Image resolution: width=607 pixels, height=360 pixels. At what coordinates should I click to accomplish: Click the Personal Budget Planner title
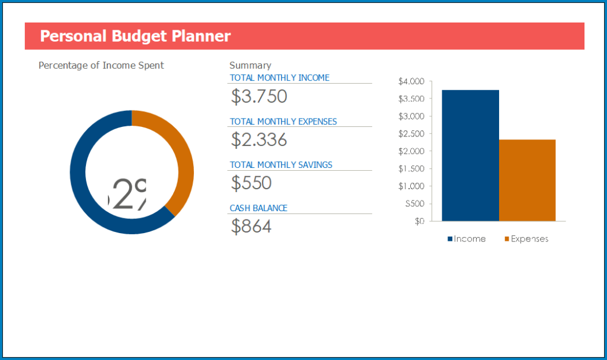(135, 36)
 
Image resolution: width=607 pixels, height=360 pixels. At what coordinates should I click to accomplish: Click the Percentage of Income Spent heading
(101, 65)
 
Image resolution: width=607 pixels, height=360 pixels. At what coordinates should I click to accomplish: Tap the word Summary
(250, 65)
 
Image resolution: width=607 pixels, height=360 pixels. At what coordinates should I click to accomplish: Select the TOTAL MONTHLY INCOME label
(279, 78)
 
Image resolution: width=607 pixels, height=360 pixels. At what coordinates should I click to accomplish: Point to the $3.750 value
(259, 96)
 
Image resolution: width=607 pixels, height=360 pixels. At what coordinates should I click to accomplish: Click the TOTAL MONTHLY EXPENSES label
(283, 122)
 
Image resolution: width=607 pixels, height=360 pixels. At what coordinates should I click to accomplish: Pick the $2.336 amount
(259, 140)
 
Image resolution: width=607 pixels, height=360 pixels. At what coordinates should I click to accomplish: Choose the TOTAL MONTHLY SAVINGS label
(281, 165)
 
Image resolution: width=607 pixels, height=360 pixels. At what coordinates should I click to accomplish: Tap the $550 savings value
(251, 183)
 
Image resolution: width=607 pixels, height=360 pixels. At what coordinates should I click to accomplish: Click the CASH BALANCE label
(258, 208)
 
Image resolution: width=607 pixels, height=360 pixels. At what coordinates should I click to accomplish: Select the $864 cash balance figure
(251, 226)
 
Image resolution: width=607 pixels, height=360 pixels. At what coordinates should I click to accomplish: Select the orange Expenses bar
(527, 180)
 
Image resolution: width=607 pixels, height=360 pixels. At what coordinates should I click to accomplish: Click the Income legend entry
(467, 239)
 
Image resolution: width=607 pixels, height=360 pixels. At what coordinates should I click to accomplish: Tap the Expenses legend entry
(526, 239)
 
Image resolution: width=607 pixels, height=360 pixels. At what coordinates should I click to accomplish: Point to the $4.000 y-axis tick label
(411, 81)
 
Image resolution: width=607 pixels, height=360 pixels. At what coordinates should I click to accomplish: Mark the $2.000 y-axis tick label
(411, 151)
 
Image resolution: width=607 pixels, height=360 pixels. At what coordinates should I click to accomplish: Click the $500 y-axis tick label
(414, 203)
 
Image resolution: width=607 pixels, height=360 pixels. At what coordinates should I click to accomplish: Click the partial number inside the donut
(127, 194)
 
